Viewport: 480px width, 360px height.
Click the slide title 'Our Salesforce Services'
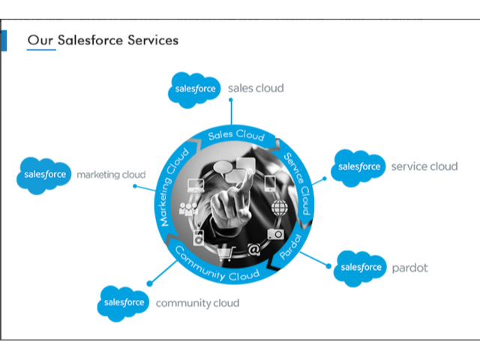point(103,40)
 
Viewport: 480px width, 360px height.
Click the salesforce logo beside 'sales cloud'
point(195,89)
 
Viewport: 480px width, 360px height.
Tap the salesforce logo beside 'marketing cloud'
point(44,175)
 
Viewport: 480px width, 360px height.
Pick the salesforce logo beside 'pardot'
point(361,268)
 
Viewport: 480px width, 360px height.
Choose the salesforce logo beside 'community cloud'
point(124,303)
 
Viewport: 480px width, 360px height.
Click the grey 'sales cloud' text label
point(256,88)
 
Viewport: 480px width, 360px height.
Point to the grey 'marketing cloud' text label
point(111,175)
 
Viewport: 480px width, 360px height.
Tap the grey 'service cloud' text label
point(424,166)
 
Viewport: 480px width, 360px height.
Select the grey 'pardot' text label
point(409,268)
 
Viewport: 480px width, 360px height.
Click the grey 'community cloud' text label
point(197,303)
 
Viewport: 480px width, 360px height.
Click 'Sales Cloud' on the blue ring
point(236,135)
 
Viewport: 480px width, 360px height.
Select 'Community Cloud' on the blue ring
point(217,266)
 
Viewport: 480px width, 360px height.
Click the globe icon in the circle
point(280,206)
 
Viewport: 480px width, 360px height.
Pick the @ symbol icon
point(253,248)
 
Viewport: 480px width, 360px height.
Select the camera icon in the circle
point(275,234)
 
